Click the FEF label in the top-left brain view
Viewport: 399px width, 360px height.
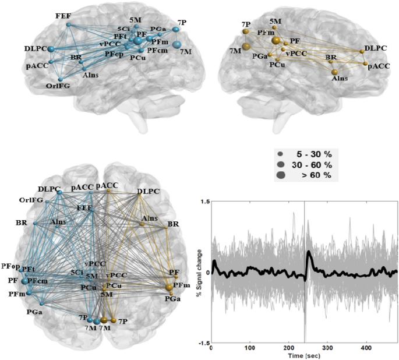tap(63, 14)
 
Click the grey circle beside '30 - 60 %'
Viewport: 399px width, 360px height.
tap(281, 165)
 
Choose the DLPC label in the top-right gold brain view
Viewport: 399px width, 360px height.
tap(373, 48)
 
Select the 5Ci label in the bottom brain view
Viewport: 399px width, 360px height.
tap(76, 272)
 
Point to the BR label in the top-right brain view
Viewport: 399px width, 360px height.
tap(330, 58)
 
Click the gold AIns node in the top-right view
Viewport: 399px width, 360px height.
tap(334, 71)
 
